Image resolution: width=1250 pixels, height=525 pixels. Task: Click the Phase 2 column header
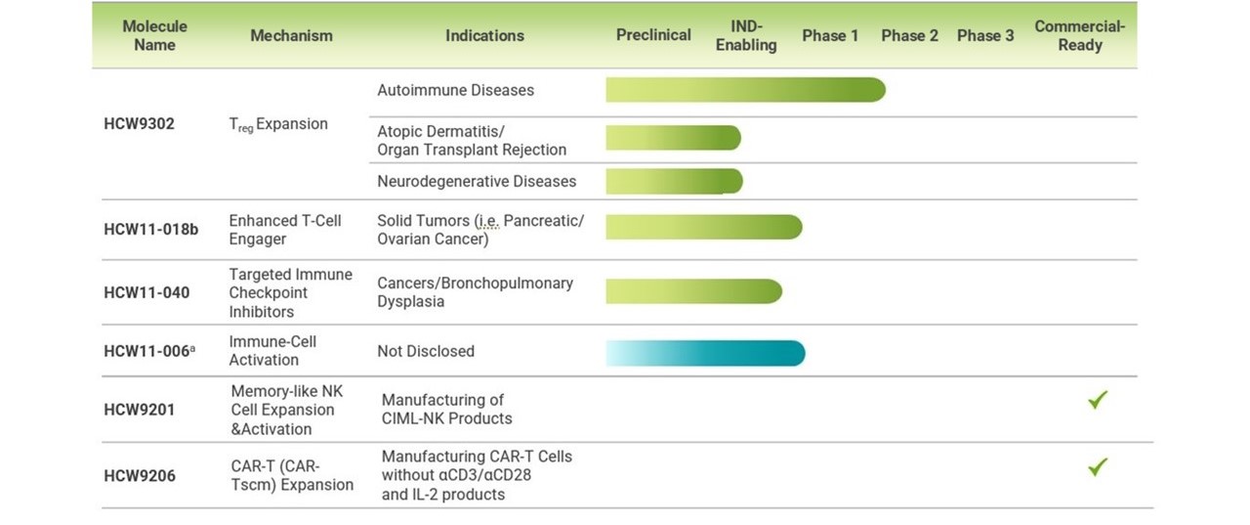click(909, 35)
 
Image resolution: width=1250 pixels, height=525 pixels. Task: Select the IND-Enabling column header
click(746, 35)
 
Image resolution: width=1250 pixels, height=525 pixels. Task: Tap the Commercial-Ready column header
click(1080, 35)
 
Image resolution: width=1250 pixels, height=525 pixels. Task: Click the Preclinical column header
click(653, 35)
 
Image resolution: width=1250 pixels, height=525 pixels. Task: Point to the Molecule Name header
click(154, 35)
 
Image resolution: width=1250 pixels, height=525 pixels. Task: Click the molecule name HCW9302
click(139, 123)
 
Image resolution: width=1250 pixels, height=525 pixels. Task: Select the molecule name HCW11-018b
click(150, 230)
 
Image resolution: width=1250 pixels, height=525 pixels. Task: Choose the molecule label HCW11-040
click(146, 292)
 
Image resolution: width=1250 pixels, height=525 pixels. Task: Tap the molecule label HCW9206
click(140, 476)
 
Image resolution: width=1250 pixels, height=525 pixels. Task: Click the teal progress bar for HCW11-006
click(705, 353)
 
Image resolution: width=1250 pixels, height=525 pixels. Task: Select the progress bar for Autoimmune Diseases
click(745, 90)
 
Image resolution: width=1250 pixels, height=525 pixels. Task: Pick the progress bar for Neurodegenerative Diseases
click(674, 182)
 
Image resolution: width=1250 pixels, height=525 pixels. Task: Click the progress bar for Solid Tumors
click(704, 228)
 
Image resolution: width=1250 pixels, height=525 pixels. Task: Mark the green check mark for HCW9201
click(1097, 400)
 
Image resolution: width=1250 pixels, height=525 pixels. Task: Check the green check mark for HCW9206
click(1097, 467)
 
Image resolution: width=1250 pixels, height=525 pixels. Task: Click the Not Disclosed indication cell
click(426, 351)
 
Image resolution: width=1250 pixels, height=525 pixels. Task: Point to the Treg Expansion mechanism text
click(278, 124)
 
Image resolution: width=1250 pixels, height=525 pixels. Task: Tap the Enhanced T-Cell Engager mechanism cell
click(284, 230)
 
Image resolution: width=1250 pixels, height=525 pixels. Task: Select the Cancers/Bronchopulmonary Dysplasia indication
click(475, 292)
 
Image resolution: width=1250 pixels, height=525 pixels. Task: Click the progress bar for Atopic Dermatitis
click(674, 138)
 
